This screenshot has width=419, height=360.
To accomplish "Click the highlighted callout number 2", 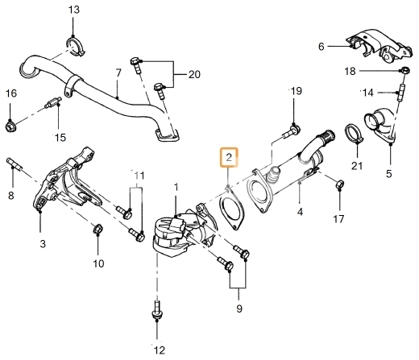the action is tap(229, 157).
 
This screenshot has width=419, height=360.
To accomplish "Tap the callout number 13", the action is tap(74, 10).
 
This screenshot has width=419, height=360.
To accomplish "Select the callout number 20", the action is tap(194, 74).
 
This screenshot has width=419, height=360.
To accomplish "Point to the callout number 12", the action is tap(160, 350).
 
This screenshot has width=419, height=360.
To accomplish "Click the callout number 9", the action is tap(239, 308).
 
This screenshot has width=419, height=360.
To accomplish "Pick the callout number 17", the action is tap(338, 219).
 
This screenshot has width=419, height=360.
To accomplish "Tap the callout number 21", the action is tap(357, 166).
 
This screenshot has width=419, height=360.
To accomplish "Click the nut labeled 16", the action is tap(10, 126).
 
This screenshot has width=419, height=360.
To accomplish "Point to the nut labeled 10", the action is tap(97, 229).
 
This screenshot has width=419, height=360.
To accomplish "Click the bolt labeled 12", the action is tap(157, 311).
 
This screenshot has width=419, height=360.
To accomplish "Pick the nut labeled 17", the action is tap(340, 184).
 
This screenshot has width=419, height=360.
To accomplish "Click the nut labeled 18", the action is tap(405, 71).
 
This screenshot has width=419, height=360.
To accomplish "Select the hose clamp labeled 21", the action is tap(354, 133).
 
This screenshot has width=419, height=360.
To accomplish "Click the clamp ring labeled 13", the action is tap(76, 47).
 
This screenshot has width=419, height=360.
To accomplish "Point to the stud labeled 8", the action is tap(14, 163).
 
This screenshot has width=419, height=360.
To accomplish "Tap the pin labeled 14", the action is tap(401, 92).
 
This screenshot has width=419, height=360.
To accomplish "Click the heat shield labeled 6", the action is tap(379, 46).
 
